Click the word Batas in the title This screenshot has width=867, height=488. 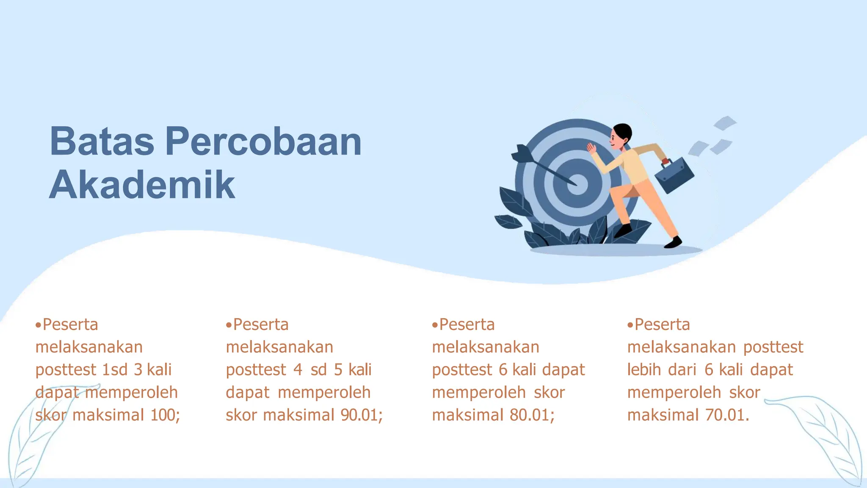[102, 141]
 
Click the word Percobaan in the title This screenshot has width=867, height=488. [263, 141]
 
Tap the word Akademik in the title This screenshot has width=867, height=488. [142, 185]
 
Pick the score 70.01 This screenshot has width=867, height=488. [725, 415]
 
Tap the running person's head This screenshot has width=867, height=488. [621, 136]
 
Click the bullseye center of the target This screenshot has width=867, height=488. [577, 184]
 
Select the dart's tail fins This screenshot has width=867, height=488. [522, 153]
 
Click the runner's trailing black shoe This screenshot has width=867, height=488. [673, 242]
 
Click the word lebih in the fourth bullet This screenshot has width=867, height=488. [643, 369]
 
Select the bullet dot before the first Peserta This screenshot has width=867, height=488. [39, 325]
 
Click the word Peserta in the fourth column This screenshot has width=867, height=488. [662, 324]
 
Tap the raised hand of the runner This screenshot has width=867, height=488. [591, 148]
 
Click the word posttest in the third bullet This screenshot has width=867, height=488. [462, 370]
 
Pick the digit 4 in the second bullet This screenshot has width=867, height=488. [298, 369]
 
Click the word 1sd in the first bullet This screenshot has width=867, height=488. [115, 369]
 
